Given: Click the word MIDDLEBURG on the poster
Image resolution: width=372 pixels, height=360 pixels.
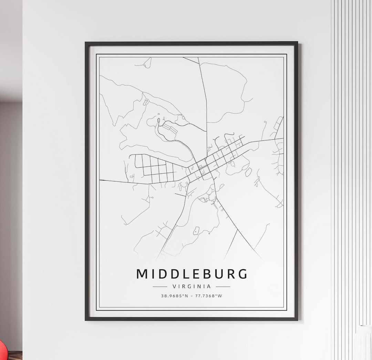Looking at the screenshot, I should click(x=192, y=274).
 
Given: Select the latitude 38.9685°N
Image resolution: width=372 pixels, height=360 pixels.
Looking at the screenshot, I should click(x=174, y=296).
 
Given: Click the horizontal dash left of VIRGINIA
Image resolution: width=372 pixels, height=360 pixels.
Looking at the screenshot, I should click(x=159, y=286).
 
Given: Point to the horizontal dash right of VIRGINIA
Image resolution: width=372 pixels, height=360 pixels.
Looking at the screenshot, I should click(x=223, y=286).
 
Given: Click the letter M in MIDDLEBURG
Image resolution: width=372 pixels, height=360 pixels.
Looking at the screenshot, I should click(x=142, y=274).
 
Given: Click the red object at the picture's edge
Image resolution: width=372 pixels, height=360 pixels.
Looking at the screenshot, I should click(x=2, y=349).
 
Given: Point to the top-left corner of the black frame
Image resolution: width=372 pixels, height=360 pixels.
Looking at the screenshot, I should click(x=86, y=43).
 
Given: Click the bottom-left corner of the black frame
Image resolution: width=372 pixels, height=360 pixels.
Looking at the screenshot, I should click(x=86, y=320).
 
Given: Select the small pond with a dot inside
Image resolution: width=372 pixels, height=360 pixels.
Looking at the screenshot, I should click(x=196, y=230).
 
